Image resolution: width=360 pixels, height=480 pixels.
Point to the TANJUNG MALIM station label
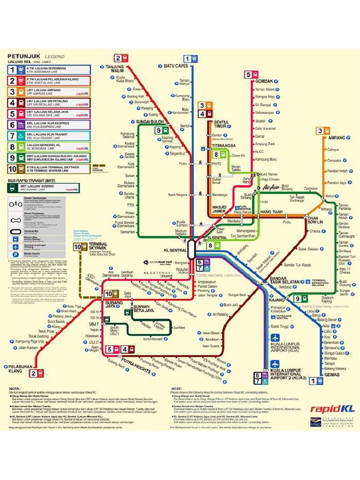click(114, 69)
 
